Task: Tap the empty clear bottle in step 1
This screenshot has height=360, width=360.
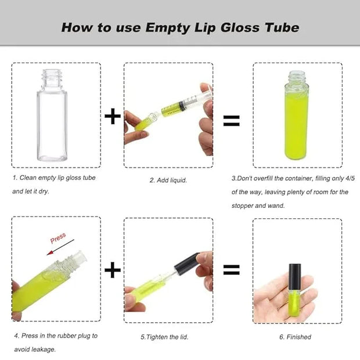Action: [52, 115]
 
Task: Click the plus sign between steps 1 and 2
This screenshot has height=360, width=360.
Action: [113, 116]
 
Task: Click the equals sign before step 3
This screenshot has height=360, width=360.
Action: [232, 121]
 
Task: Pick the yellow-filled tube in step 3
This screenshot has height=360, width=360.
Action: [296, 115]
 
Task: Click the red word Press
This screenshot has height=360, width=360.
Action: [58, 238]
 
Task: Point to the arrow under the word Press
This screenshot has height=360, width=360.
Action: [60, 247]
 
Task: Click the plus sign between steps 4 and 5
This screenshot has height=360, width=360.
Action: [113, 270]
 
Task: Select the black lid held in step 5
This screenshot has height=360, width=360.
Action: [187, 264]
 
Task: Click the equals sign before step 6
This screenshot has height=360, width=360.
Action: [232, 270]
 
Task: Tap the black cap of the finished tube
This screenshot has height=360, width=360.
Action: [295, 277]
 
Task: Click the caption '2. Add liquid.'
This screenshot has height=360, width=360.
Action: [168, 180]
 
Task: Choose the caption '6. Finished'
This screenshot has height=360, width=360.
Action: [295, 337]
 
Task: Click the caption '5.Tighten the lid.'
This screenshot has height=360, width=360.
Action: [164, 337]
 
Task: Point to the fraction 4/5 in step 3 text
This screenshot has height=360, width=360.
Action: [350, 178]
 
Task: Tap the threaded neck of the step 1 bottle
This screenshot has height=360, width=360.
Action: [52, 78]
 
